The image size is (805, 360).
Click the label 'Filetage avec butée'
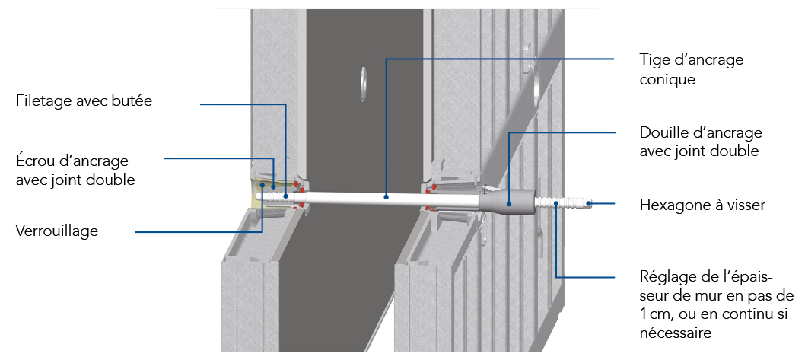coord(84,100)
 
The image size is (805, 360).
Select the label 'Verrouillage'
coord(57,231)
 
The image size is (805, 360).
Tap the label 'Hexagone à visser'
coord(702,205)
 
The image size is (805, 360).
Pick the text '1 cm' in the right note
coord(653,314)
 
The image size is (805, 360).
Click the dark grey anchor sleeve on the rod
coord(508,201)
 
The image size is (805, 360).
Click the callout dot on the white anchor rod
coord(386,196)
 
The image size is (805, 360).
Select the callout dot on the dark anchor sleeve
coord(508,203)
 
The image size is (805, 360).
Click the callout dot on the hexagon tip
coord(590,204)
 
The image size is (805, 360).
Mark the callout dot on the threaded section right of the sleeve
coord(556,204)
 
